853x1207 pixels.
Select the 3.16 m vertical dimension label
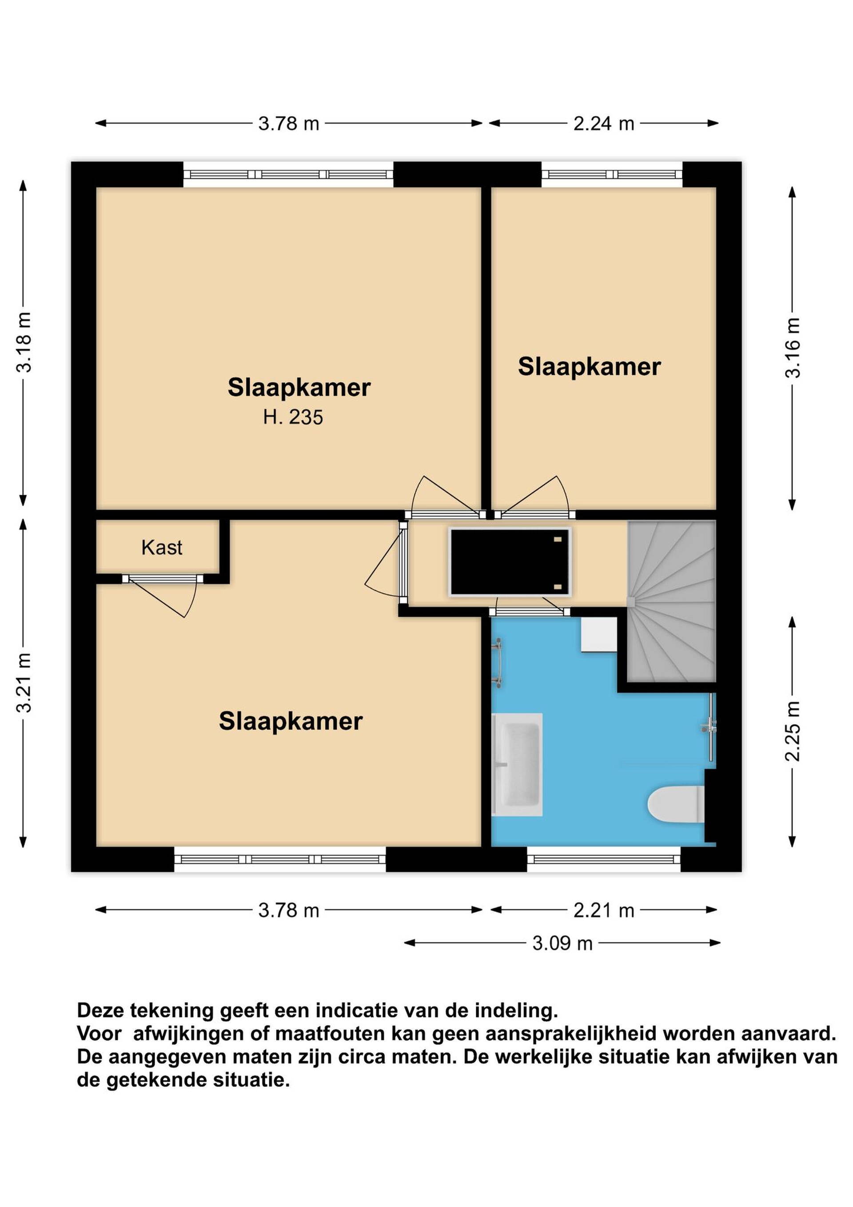pos(793,348)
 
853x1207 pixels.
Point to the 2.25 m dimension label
pos(793,731)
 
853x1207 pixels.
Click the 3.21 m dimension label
pos(24,683)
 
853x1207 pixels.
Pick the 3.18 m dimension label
pos(24,342)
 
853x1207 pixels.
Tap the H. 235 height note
pos(293,417)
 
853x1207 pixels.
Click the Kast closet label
pos(162,548)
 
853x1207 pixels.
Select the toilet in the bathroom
pos(677,804)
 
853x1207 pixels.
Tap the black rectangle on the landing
pos(510,562)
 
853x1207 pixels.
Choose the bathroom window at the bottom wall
pos(603,859)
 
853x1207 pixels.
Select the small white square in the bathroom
pos(599,634)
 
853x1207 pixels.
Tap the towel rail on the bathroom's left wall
pos(497,663)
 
